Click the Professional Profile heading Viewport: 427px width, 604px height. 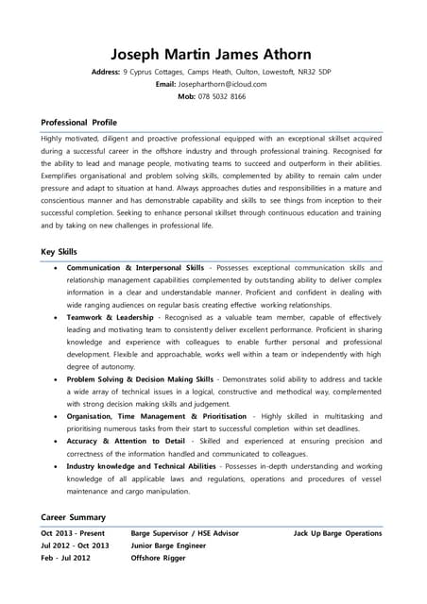(79, 123)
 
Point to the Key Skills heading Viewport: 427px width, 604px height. (60, 252)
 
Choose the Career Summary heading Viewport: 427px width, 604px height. (73, 517)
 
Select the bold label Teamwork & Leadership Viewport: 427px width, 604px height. (110, 318)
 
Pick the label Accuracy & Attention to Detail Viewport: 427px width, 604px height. (126, 441)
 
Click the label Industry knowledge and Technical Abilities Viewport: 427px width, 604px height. (141, 466)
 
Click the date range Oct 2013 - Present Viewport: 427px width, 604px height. (75, 533)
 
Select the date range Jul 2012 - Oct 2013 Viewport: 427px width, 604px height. (75, 545)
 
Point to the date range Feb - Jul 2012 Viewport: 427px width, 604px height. (66, 558)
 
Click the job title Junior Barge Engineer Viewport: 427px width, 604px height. (167, 545)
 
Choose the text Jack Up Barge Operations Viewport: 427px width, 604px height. (337, 533)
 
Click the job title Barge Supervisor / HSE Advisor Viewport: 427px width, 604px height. (184, 533)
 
